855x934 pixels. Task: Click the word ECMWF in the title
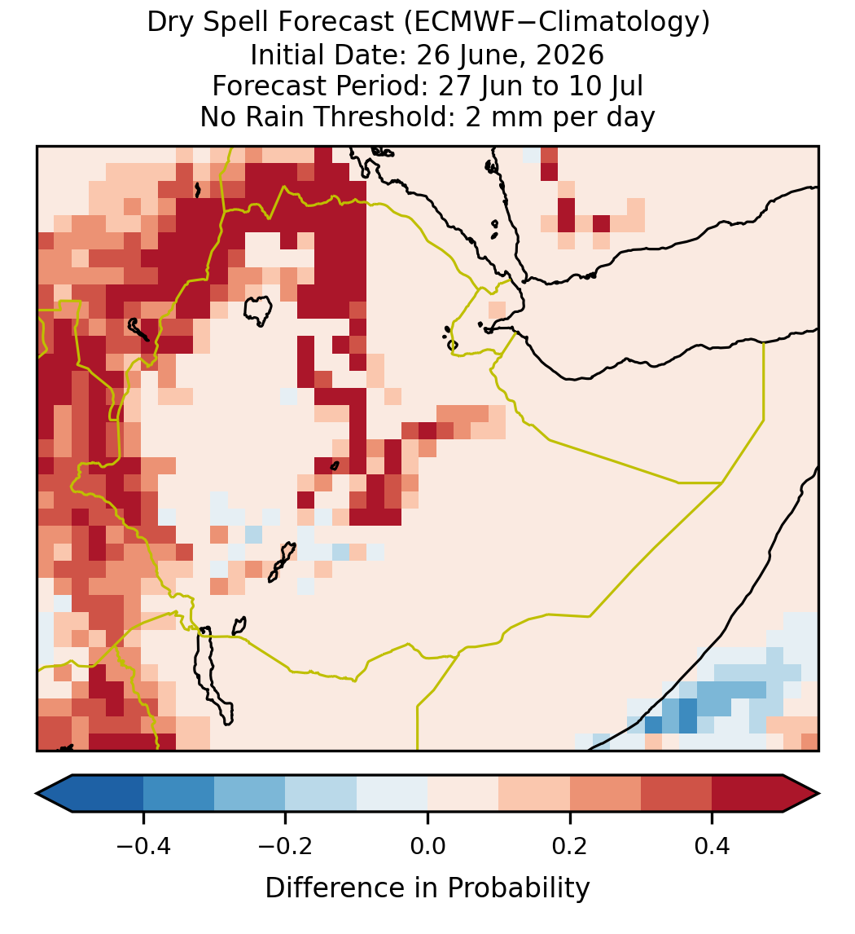click(457, 23)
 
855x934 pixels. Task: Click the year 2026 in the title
click(570, 55)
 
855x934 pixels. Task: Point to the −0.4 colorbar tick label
click(143, 845)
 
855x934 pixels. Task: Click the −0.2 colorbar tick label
click(285, 845)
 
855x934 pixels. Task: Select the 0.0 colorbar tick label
click(427, 845)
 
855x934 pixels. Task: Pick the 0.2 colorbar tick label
click(570, 845)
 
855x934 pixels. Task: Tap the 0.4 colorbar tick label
click(712, 845)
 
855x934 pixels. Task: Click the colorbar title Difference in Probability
click(427, 888)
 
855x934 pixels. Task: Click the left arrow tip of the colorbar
click(37, 794)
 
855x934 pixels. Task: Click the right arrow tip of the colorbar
click(819, 794)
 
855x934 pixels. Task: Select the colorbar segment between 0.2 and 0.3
click(605, 794)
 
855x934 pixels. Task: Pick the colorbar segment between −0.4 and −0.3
click(178, 794)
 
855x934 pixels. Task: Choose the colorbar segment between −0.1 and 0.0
click(392, 794)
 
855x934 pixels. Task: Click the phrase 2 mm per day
click(560, 117)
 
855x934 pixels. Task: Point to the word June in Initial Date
click(493, 55)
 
